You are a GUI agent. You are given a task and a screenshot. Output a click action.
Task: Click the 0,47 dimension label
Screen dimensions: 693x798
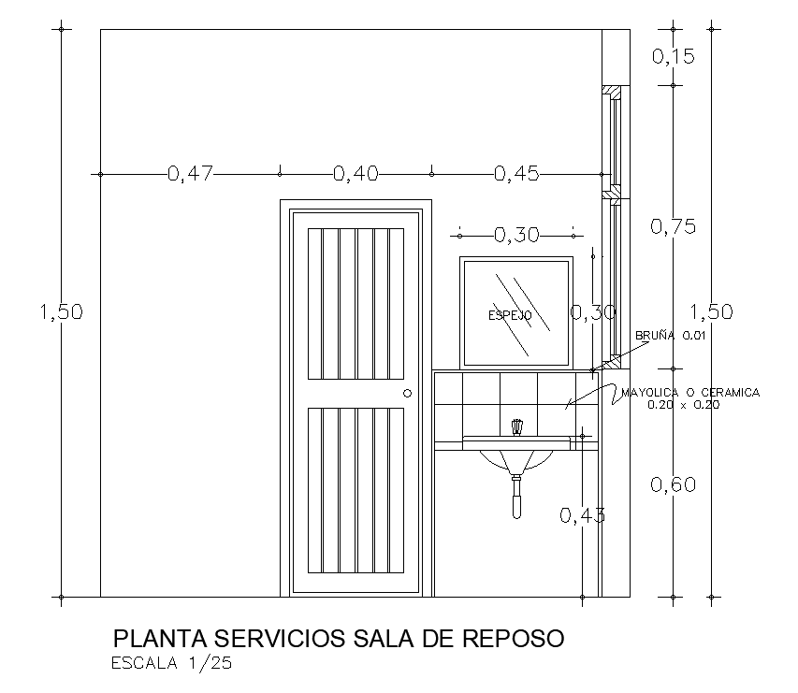(191, 173)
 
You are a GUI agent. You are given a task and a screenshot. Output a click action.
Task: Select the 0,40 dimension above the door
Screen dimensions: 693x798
(355, 173)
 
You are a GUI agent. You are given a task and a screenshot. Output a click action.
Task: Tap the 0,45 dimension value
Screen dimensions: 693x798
(516, 173)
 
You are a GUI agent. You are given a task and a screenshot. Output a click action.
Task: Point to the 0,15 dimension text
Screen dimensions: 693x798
(674, 57)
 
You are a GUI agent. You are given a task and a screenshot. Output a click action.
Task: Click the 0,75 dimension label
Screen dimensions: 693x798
(674, 226)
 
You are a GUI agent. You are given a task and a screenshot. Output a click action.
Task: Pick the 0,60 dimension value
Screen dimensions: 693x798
(674, 484)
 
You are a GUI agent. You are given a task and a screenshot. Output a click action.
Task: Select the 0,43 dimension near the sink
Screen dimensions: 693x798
(582, 514)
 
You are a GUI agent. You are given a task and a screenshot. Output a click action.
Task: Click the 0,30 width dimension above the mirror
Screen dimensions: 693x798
(516, 235)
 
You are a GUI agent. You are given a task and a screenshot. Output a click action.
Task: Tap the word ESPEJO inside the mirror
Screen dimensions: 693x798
(510, 316)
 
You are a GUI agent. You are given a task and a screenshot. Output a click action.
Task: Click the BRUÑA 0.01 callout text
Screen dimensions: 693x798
(669, 335)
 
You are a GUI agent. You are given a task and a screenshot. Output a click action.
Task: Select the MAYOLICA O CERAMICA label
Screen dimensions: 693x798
(690, 393)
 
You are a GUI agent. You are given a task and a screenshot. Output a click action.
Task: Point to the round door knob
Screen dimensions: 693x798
(407, 394)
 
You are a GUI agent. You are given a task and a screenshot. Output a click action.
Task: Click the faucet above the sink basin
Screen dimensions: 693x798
(515, 427)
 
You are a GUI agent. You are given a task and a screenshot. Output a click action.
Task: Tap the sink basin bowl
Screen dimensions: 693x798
(515, 459)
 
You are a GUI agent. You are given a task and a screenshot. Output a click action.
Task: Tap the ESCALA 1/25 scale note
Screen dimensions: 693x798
(171, 665)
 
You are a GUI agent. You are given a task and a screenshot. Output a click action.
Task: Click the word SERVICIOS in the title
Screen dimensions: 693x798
(278, 639)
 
